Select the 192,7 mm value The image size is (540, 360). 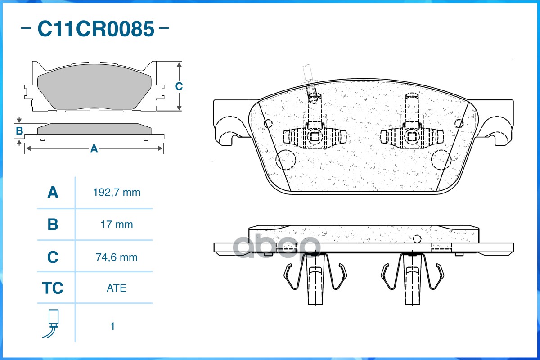[117, 193]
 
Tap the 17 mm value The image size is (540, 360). [117, 225]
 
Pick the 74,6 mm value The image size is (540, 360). [117, 257]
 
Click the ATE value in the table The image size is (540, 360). [117, 288]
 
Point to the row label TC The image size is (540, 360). [53, 288]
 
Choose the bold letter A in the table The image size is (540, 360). [53, 193]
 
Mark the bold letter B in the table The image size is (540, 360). [53, 225]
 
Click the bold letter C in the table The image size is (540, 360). [53, 257]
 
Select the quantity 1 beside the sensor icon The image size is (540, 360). [112, 326]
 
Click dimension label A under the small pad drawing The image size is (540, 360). [94, 148]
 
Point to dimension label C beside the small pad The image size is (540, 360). [179, 86]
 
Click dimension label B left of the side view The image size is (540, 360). [19, 131]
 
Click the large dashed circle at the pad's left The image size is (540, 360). [285, 159]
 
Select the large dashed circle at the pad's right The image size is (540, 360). [441, 159]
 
